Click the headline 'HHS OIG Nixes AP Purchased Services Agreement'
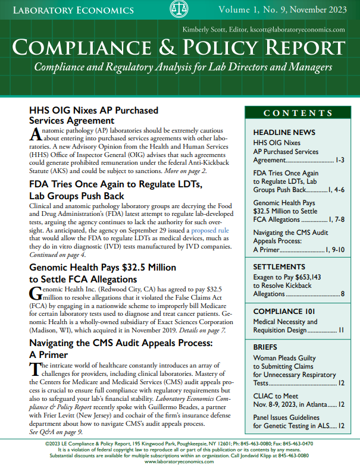[x=93, y=115]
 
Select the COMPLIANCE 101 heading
[x=283, y=311]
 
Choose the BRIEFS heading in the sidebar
[x=265, y=346]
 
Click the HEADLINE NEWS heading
[x=284, y=132]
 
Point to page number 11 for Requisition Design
[x=341, y=330]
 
